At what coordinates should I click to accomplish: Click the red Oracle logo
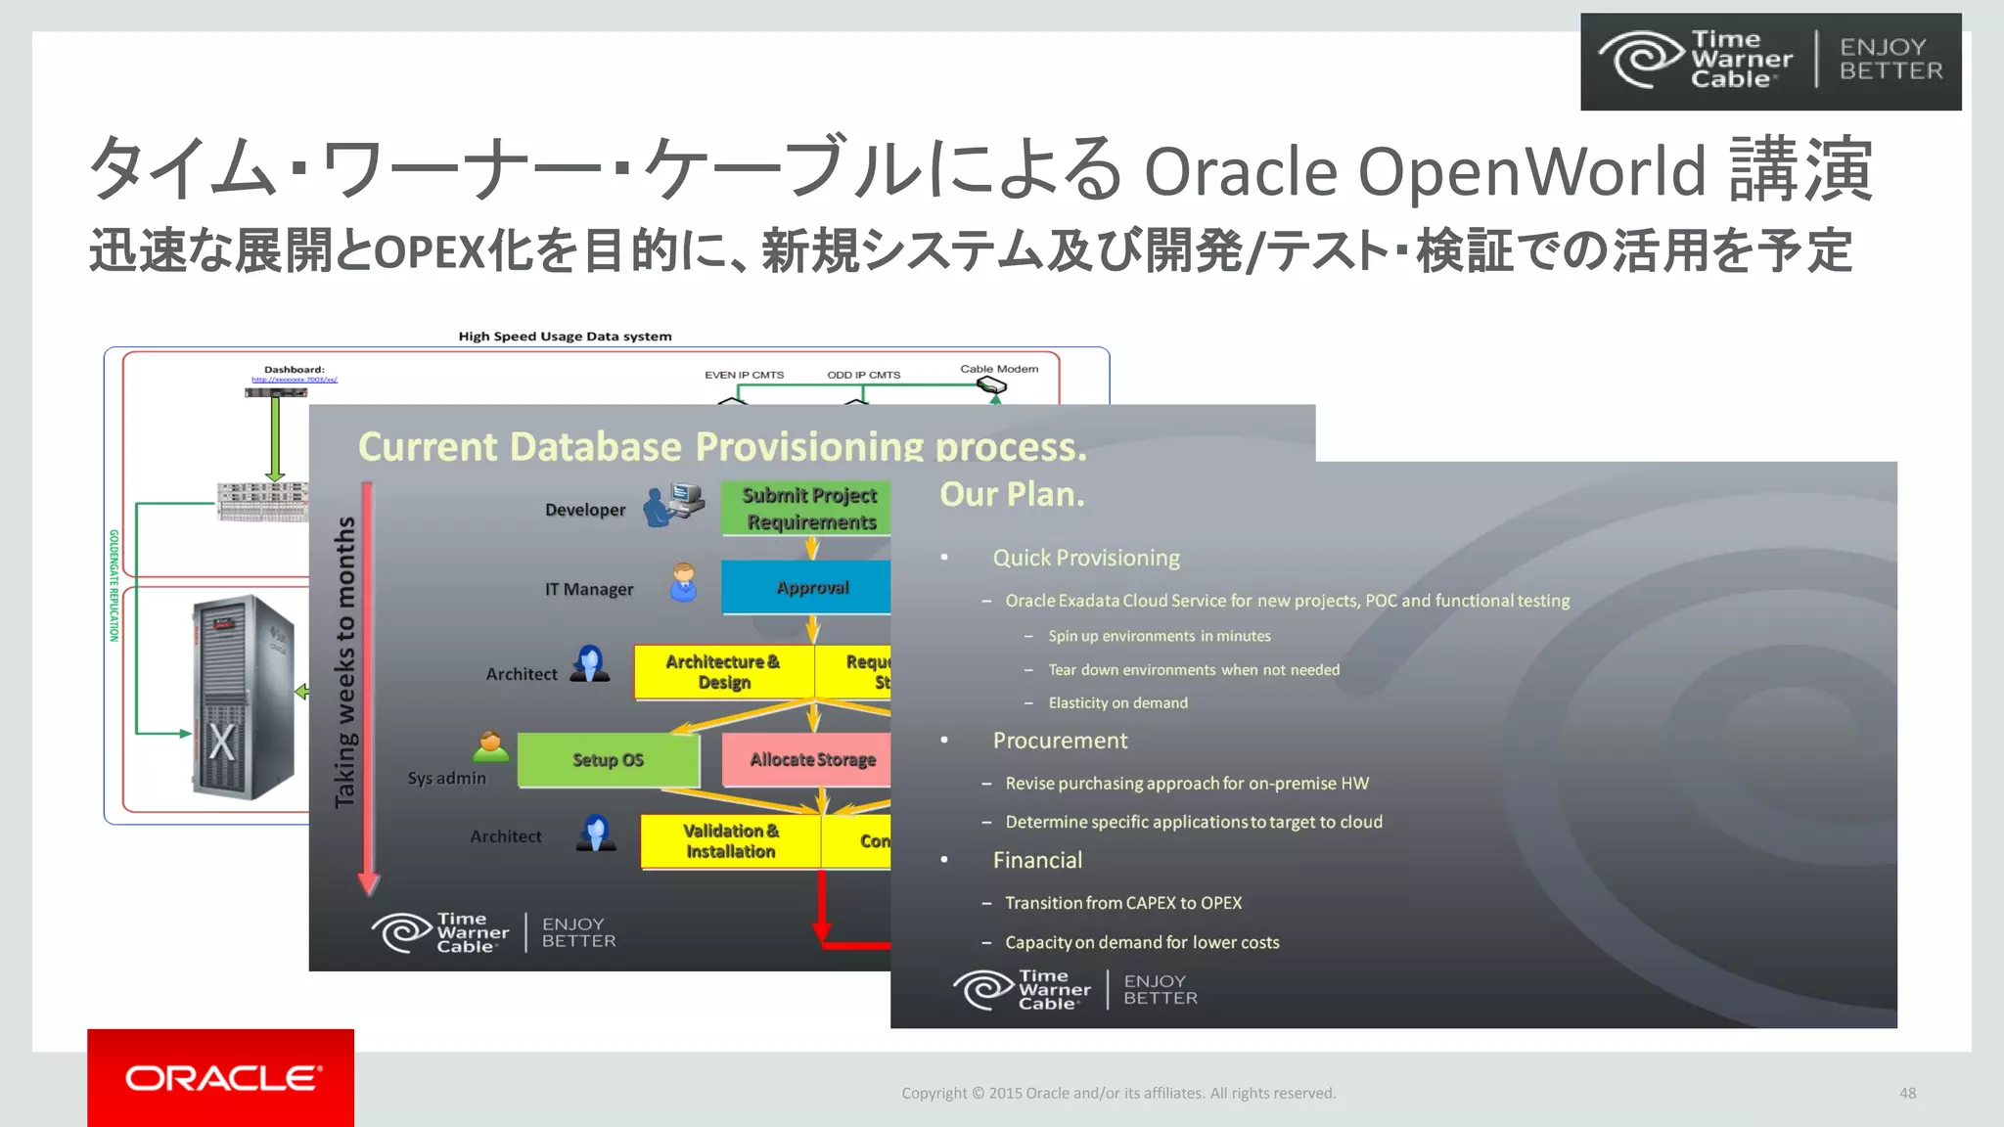[220, 1077]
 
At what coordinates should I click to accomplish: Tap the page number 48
[1907, 1093]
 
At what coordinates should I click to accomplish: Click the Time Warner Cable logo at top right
[1770, 61]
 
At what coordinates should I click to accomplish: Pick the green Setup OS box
[608, 760]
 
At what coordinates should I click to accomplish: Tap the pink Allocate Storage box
[807, 760]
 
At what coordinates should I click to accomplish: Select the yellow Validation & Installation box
[730, 841]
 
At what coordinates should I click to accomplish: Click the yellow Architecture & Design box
[724, 672]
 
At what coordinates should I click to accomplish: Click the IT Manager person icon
[683, 583]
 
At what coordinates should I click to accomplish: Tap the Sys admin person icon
[490, 747]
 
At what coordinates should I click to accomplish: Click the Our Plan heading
[1012, 494]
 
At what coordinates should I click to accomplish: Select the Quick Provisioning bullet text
[1086, 558]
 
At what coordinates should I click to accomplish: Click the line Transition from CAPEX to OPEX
[1123, 903]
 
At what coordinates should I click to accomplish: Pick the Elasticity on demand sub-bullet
[1117, 702]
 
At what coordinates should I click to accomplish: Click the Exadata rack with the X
[243, 697]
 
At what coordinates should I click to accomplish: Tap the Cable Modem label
[999, 369]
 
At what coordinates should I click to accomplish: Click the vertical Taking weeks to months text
[345, 662]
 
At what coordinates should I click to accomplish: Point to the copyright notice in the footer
[1118, 1093]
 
